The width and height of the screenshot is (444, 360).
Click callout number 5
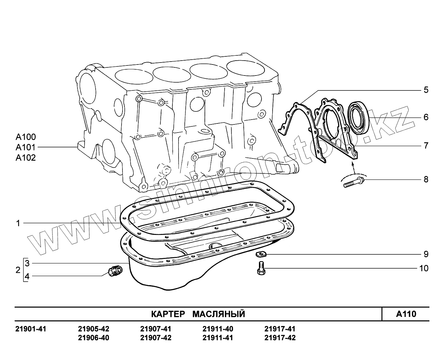tap(426, 90)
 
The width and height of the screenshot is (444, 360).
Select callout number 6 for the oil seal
tap(426, 117)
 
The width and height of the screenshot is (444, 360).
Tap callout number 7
tap(426, 145)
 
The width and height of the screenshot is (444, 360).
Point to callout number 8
tap(426, 179)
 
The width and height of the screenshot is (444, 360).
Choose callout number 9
tap(426, 254)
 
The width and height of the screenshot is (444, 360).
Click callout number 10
tap(424, 268)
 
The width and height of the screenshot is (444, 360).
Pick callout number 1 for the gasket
tap(18, 223)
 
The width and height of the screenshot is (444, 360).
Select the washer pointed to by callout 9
tap(261, 254)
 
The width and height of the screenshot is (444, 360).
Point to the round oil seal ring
tap(358, 118)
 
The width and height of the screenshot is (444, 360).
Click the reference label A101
tap(26, 147)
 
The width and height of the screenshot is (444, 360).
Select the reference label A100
tap(26, 137)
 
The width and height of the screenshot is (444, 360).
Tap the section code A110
tap(406, 314)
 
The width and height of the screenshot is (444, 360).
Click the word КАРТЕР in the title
tap(168, 314)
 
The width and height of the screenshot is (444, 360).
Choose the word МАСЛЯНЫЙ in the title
tap(219, 314)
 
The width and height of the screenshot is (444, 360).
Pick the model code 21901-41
tap(31, 329)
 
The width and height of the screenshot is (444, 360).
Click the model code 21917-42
tap(280, 338)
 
